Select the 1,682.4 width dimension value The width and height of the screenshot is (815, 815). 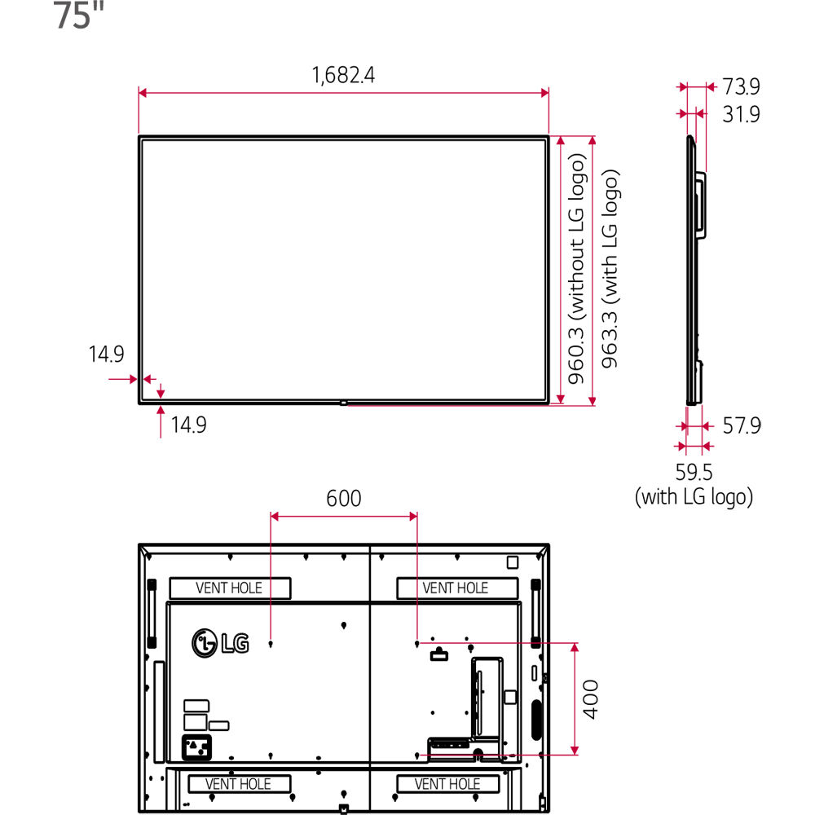click(x=343, y=75)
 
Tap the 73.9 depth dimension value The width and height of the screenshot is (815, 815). click(x=741, y=86)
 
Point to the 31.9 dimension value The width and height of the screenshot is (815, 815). click(x=741, y=114)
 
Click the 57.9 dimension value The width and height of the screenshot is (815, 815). click(x=741, y=425)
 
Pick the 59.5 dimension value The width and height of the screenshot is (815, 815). click(x=694, y=472)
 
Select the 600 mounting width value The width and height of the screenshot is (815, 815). click(x=344, y=499)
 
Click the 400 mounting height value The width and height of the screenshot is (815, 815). click(x=590, y=699)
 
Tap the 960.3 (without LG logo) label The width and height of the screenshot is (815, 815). click(x=576, y=269)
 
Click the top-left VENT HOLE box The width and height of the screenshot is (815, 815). click(x=230, y=588)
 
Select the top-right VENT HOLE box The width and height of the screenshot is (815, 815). click(x=457, y=588)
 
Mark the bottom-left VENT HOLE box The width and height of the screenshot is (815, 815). click(x=239, y=783)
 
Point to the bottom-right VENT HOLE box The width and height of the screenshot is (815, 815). click(x=447, y=783)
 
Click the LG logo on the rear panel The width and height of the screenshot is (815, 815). click(x=220, y=643)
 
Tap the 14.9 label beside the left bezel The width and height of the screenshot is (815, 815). click(x=106, y=355)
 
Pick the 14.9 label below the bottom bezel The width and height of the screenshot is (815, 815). click(x=188, y=425)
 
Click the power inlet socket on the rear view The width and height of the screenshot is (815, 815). click(x=196, y=747)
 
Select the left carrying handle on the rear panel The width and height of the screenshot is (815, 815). click(x=152, y=614)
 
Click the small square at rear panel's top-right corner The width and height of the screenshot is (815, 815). click(x=513, y=562)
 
